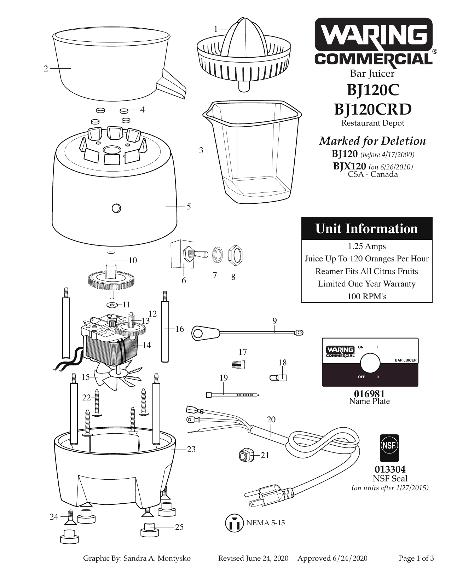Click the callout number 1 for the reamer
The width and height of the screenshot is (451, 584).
[x=216, y=29]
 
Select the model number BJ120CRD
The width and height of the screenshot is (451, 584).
[x=373, y=109]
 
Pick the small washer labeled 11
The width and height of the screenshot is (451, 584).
[x=112, y=305]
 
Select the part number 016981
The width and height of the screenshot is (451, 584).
[x=369, y=394]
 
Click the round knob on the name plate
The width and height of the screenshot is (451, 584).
[x=370, y=363]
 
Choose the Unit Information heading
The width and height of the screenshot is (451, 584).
[x=366, y=229]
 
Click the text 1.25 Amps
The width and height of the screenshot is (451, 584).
[x=367, y=246]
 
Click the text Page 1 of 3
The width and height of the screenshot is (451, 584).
[x=416, y=559]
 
